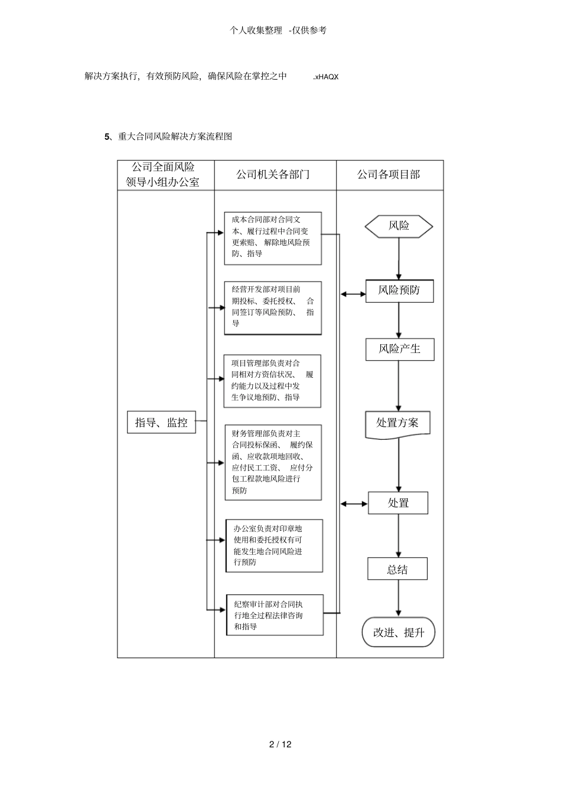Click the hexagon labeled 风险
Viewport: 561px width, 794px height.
(x=399, y=226)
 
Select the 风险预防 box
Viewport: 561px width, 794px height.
(x=399, y=291)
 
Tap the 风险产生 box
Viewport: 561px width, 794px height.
(x=399, y=349)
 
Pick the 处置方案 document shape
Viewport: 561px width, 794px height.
(x=397, y=423)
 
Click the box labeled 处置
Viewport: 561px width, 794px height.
(x=398, y=503)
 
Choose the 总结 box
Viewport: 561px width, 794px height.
(x=397, y=570)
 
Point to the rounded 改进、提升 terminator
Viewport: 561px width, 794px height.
(x=399, y=632)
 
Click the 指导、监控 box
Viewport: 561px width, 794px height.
(x=161, y=423)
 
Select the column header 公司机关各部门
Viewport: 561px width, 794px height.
(x=275, y=175)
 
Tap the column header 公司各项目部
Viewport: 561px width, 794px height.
(x=389, y=175)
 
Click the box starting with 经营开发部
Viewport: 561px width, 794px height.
(x=273, y=308)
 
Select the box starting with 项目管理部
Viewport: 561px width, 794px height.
(x=272, y=381)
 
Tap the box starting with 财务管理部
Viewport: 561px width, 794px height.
(x=273, y=462)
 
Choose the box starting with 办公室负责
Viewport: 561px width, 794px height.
(x=274, y=545)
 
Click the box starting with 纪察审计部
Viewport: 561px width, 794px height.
(x=275, y=615)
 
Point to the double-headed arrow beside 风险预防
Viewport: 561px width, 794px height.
(x=353, y=293)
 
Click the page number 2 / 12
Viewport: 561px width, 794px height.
(x=280, y=744)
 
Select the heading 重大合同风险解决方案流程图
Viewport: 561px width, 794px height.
(x=175, y=136)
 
